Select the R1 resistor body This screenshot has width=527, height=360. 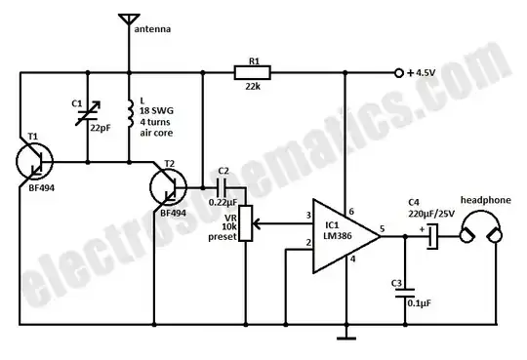click(252, 71)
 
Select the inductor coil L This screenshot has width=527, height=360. click(130, 115)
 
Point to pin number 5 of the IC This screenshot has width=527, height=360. click(384, 229)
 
